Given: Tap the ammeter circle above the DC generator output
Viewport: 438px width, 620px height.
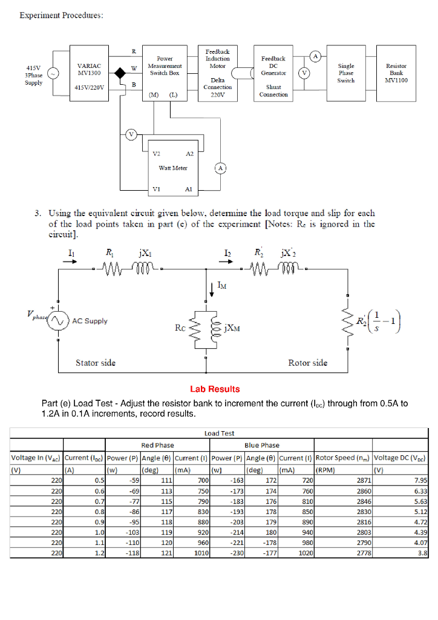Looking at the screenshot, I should click(315, 56).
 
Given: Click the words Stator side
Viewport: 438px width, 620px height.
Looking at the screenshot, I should click(96, 363).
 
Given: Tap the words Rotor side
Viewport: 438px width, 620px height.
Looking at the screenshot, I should click(308, 363).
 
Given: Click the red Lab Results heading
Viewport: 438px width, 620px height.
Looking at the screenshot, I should click(215, 389).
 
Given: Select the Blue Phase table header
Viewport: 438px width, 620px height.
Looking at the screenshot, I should click(261, 445).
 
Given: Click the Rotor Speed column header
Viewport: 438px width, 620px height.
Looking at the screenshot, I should click(342, 457).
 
